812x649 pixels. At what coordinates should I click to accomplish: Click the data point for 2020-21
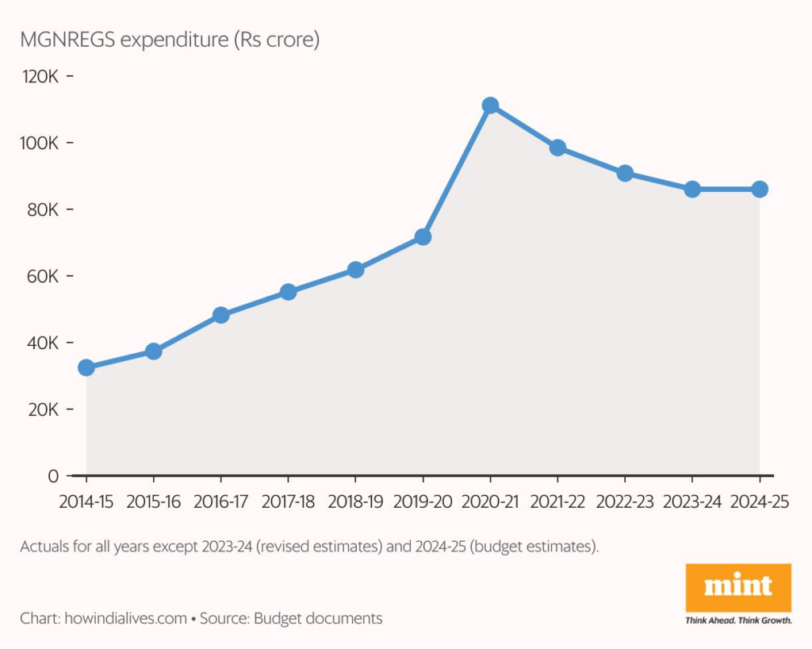click(490, 106)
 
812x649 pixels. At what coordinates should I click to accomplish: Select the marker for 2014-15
click(86, 367)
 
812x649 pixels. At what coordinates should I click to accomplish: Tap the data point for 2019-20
click(423, 236)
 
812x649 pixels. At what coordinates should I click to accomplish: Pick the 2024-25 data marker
click(760, 189)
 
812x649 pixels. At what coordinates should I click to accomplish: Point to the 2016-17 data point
click(221, 315)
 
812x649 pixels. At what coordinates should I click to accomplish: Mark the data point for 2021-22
click(557, 148)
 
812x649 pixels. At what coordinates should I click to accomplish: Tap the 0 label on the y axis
click(53, 476)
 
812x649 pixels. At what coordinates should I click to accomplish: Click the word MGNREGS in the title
click(70, 39)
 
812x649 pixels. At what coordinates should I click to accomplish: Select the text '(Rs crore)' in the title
click(275, 39)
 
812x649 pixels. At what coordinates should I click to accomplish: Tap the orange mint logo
click(738, 587)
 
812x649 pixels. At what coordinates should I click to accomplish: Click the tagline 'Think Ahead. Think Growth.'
click(738, 620)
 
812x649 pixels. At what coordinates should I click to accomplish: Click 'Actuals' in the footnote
click(44, 547)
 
